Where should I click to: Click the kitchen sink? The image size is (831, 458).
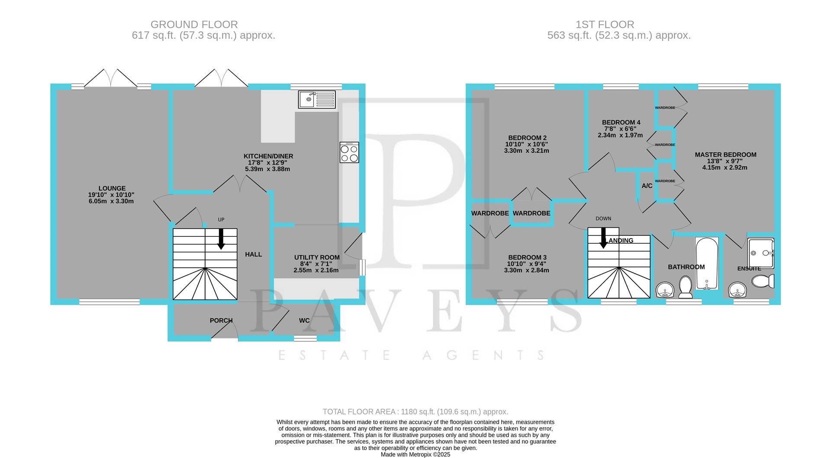(x=317, y=100)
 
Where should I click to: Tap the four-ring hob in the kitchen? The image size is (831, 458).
(x=349, y=152)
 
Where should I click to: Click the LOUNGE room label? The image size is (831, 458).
(x=112, y=188)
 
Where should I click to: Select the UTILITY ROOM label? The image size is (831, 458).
(x=317, y=257)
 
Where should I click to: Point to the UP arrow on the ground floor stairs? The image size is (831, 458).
(x=221, y=239)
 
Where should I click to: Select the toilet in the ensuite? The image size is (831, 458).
(x=763, y=281)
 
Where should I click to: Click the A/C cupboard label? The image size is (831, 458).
(x=647, y=186)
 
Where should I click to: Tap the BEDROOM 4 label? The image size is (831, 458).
(x=621, y=123)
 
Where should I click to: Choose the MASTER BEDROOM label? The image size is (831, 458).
(x=725, y=155)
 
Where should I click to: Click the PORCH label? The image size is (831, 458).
(x=221, y=320)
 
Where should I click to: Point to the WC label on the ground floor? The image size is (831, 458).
(x=304, y=320)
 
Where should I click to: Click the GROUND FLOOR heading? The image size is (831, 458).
(x=194, y=25)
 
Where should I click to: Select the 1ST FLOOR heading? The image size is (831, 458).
(x=605, y=25)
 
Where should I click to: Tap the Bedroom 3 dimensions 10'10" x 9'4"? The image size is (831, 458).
(x=527, y=264)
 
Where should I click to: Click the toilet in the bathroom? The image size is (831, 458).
(x=685, y=287)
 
